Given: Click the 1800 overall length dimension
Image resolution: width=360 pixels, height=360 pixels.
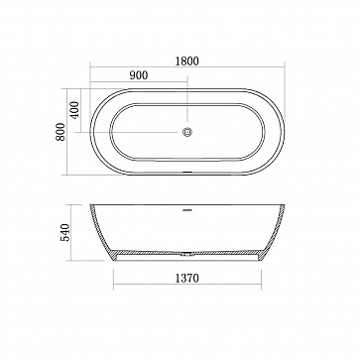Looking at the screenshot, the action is click(187, 61).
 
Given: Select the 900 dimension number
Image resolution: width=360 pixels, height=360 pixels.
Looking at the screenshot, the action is click(139, 75).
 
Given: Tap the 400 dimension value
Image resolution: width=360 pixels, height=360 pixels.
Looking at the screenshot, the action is click(75, 110).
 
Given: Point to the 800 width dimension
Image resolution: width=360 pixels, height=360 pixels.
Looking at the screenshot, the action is click(60, 132).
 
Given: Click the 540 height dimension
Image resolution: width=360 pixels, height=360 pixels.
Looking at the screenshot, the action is click(65, 232).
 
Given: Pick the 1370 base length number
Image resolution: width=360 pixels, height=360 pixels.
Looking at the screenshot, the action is click(187, 279).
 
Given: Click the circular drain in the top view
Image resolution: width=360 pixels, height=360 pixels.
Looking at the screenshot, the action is click(187, 132).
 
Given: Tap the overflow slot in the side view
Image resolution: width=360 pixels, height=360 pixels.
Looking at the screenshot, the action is click(187, 209).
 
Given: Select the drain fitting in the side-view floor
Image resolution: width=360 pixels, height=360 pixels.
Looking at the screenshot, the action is click(187, 254).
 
